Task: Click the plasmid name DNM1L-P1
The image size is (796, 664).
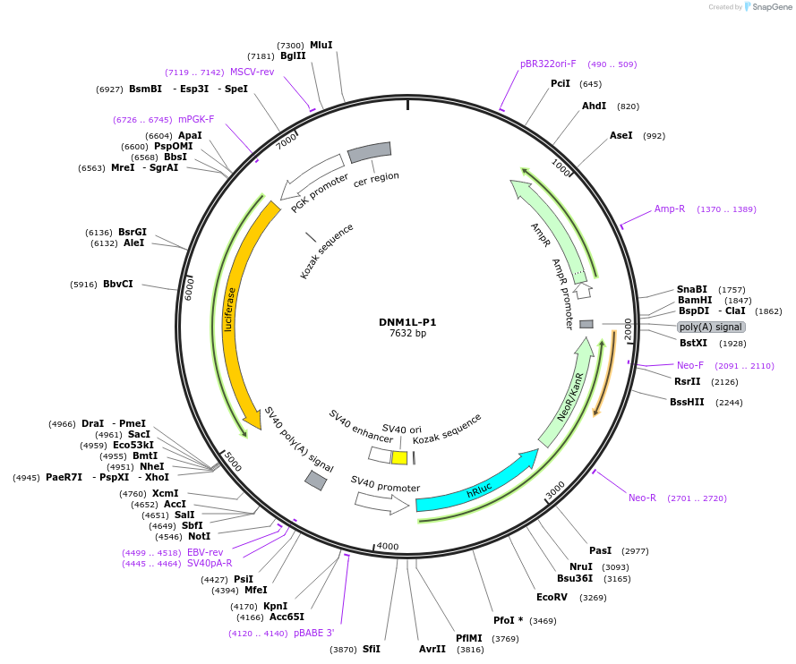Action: tap(407, 322)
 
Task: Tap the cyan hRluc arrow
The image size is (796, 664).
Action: tap(475, 487)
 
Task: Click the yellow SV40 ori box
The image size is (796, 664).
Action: tap(400, 457)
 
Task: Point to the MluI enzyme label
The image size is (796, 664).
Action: tap(321, 45)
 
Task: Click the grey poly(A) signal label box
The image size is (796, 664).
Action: tap(711, 327)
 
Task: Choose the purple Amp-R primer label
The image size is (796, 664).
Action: tap(669, 209)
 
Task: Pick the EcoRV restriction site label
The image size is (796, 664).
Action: tap(552, 597)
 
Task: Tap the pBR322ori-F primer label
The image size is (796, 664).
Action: tap(548, 64)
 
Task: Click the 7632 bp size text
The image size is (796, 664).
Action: tap(407, 334)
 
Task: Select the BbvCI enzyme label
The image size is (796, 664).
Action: tap(118, 284)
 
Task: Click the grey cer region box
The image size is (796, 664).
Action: tap(369, 153)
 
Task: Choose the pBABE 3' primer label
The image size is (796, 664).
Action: tap(313, 633)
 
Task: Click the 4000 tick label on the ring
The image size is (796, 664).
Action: tap(387, 546)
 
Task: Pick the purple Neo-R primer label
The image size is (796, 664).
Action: tap(642, 498)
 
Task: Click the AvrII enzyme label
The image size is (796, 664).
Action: tap(432, 649)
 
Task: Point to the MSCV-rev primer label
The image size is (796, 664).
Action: tap(252, 72)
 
